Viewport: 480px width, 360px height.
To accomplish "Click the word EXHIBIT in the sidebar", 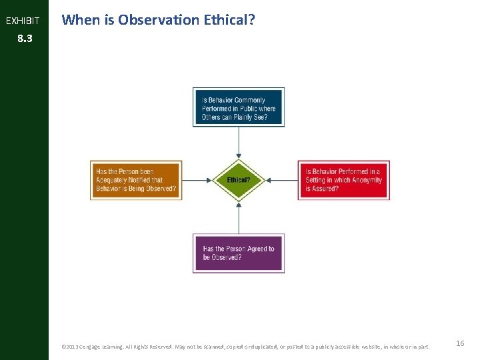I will tap(23, 21).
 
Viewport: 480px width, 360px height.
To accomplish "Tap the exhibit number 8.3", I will tap(24, 39).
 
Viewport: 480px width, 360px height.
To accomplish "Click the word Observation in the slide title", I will tap(159, 20).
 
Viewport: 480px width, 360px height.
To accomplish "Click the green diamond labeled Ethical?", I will tap(239, 180).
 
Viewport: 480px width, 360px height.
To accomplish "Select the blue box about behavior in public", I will tap(239, 107).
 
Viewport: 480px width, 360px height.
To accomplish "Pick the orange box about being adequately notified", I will tap(137, 180).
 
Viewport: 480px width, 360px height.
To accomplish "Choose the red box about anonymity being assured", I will tap(343, 180).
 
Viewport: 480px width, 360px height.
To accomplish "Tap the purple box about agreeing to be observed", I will tap(239, 253).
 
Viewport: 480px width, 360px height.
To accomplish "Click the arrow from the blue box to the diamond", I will tap(239, 143).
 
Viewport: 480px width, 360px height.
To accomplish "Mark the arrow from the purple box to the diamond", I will tap(239, 217).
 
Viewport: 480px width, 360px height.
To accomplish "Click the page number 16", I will tap(460, 343).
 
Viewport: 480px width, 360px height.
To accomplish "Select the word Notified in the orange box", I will tap(148, 180).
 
